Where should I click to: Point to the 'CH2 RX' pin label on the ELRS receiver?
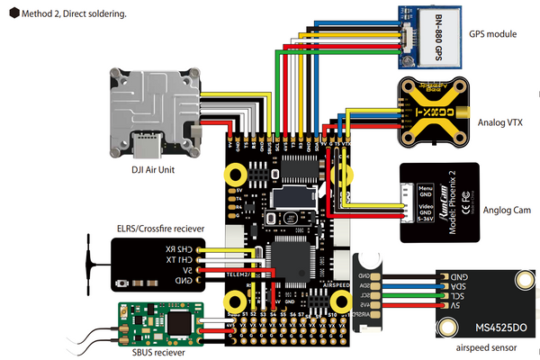pos(184,249)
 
